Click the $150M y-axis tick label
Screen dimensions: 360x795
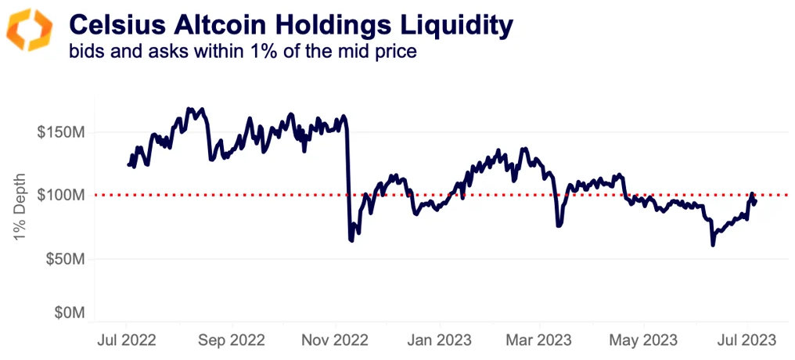(x=61, y=131)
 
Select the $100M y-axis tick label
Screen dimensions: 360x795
(x=61, y=194)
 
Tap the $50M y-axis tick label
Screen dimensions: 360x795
(x=64, y=258)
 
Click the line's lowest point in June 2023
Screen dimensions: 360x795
(x=712, y=245)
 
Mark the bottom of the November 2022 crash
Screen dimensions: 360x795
(x=351, y=240)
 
